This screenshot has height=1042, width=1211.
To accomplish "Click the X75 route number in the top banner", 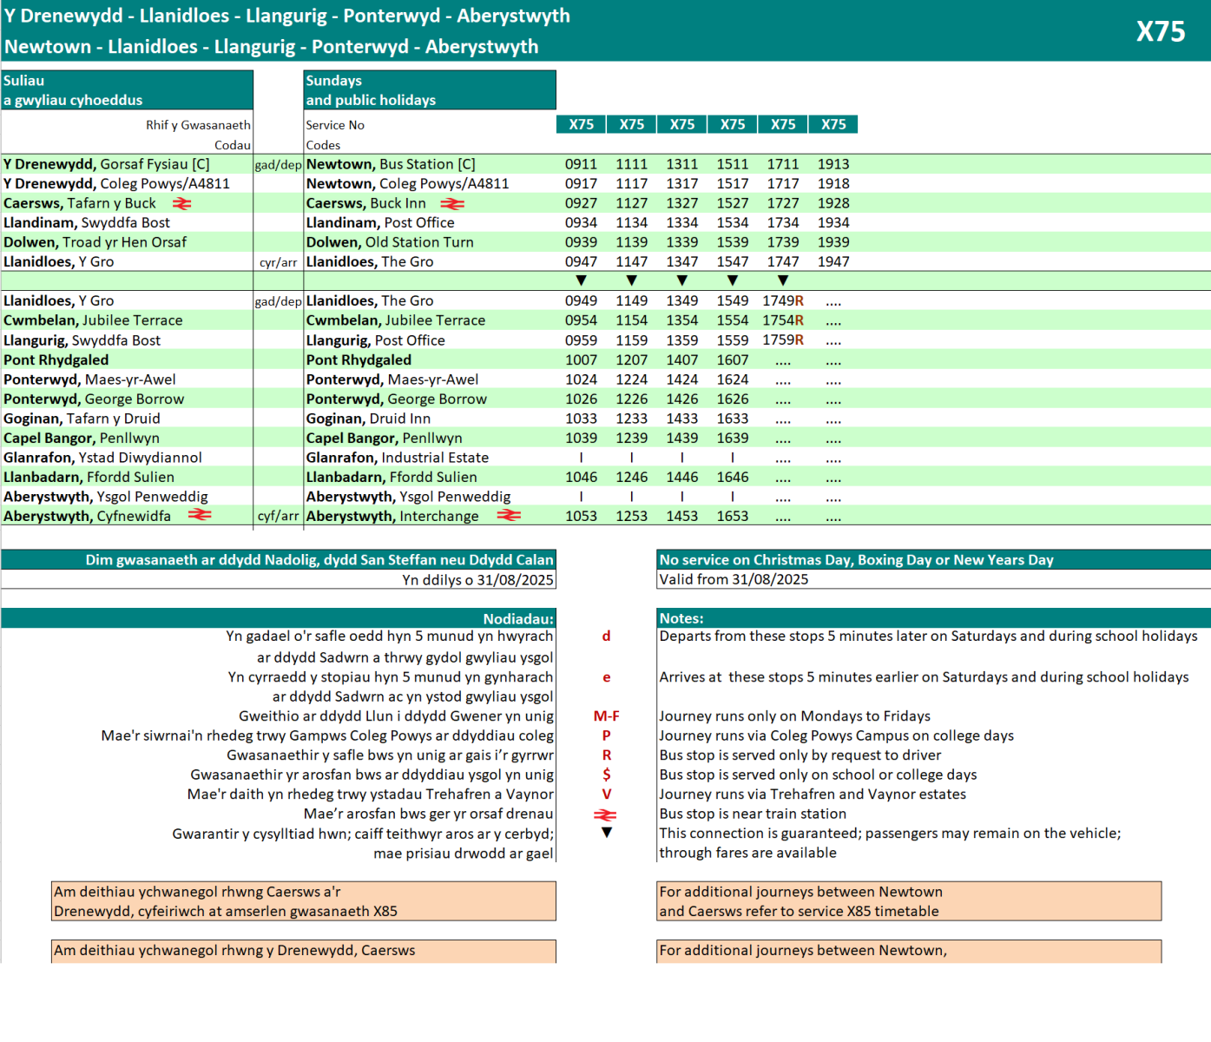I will pos(1161,31).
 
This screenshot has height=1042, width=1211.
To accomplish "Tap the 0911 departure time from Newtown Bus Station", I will pos(581,164).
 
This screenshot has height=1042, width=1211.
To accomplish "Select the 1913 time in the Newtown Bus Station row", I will pos(833,164).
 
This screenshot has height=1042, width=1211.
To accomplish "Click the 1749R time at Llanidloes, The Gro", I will pos(783,300).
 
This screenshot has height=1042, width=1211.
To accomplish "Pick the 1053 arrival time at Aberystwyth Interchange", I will pos(581,516).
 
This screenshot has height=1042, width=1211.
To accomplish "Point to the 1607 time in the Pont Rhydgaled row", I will pos(733,359).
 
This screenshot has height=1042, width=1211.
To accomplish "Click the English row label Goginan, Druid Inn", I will pos(368,419).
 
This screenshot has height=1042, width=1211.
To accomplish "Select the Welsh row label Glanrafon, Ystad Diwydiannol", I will pos(102,458).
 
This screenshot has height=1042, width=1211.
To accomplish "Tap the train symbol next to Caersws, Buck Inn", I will pos(452,204).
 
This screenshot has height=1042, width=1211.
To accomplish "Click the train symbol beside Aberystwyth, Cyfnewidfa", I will pos(200,515).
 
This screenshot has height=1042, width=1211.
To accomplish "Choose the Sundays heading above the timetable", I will pos(333,81).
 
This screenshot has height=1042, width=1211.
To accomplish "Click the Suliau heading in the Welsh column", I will pos(23,81).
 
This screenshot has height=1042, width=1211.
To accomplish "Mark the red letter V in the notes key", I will pos(606,794).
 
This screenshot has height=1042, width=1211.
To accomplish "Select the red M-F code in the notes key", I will pos(606,716).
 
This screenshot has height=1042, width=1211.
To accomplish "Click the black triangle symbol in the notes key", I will pos(606,833).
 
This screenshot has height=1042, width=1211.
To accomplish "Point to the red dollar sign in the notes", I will pos(606,775).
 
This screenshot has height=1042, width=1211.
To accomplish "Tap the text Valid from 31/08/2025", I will pos(734,579).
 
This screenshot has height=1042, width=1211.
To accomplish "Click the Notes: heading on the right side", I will pos(681,618).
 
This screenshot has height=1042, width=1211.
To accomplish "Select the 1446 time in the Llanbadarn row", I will pos(682,477).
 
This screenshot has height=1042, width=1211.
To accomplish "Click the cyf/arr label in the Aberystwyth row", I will pos(278,516).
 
